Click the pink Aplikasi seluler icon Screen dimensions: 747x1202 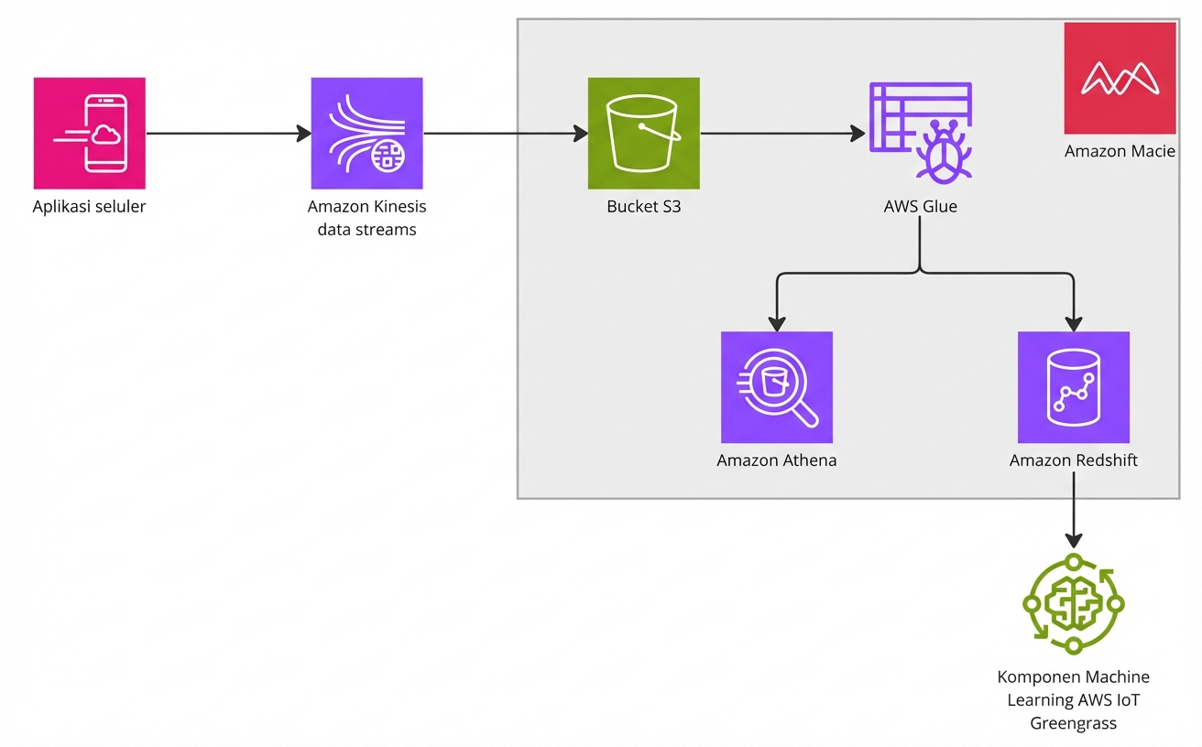[89, 133]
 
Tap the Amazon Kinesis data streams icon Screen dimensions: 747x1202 [366, 133]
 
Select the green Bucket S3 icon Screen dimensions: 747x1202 [643, 133]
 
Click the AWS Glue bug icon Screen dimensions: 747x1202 [920, 133]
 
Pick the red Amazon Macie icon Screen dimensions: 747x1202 [1120, 79]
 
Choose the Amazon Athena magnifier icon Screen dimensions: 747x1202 [776, 387]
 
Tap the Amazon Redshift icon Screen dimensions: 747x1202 [1073, 387]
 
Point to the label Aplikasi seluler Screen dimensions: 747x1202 [89, 207]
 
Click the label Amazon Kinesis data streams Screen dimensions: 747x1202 [366, 218]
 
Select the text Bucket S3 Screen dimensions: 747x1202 [643, 207]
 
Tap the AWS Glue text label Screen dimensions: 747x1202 [920, 207]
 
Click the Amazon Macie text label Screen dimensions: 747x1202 [1120, 152]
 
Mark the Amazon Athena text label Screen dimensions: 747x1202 [776, 460]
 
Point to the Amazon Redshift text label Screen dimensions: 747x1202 [1073, 460]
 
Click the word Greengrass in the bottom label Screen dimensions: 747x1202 [1073, 724]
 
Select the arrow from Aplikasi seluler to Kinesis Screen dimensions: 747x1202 [228, 134]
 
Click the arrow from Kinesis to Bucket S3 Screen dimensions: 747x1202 [505, 134]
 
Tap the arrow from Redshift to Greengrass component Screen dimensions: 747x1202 [1074, 523]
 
